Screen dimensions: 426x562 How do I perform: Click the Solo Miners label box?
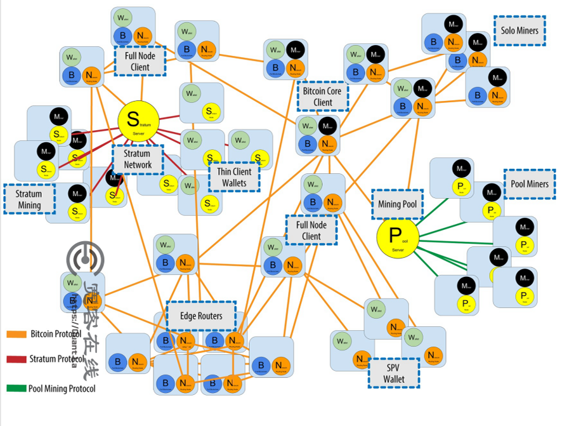pyautogui.click(x=520, y=30)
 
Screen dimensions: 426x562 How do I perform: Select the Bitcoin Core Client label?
pyautogui.click(x=323, y=97)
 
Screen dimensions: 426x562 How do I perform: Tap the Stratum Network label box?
pyautogui.click(x=138, y=159)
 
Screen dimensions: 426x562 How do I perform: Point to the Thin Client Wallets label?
pyautogui.click(x=234, y=177)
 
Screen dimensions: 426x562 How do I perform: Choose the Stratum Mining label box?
pyautogui.click(x=29, y=199)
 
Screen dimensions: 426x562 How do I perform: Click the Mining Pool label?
pyautogui.click(x=398, y=204)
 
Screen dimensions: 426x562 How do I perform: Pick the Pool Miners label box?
pyautogui.click(x=530, y=184)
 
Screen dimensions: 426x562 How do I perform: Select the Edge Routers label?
pyautogui.click(x=201, y=316)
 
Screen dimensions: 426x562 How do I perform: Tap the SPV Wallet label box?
pyautogui.click(x=394, y=373)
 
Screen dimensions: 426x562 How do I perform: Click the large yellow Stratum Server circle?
pyautogui.click(x=137, y=120)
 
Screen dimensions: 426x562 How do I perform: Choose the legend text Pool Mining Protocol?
pyautogui.click(x=62, y=388)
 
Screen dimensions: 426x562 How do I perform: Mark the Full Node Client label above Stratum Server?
pyautogui.click(x=140, y=62)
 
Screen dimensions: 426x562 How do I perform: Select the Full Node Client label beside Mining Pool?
pyautogui.click(x=311, y=230)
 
